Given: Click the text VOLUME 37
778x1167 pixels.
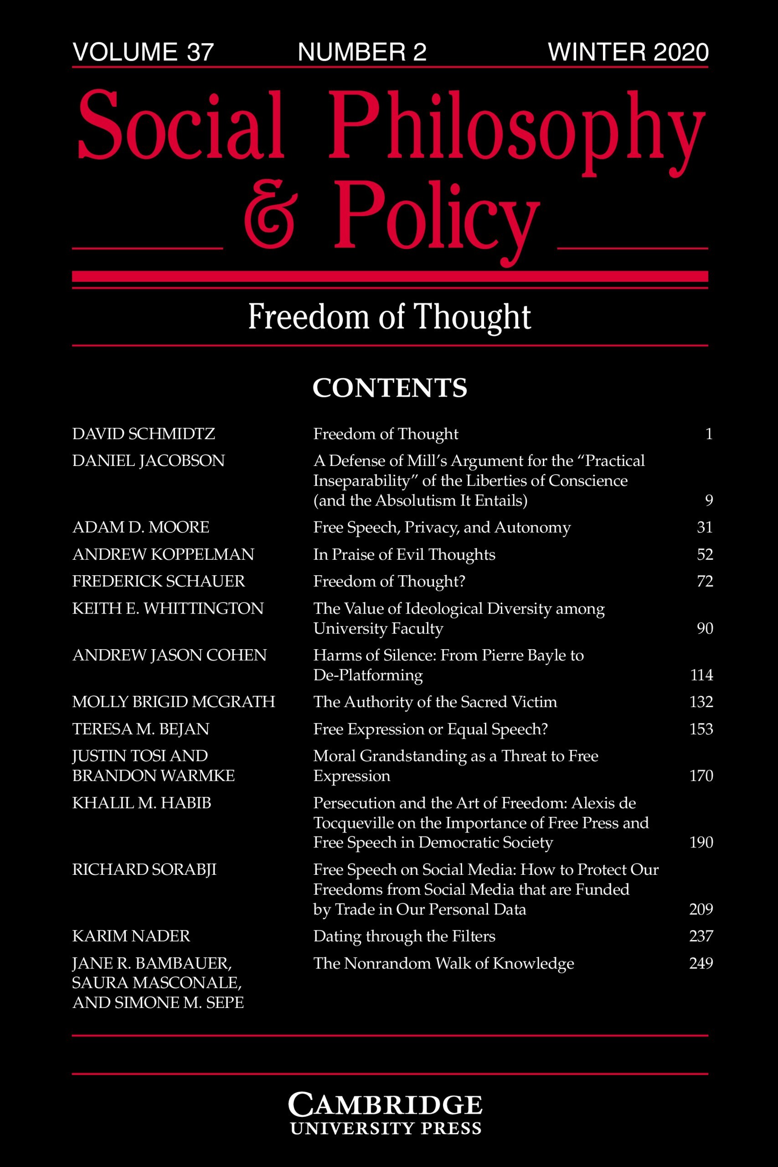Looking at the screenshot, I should (x=143, y=52).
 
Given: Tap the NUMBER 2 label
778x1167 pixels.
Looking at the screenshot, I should (x=362, y=52).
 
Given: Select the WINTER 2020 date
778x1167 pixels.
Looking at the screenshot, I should (x=628, y=52).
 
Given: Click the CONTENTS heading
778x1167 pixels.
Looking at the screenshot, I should (x=390, y=388).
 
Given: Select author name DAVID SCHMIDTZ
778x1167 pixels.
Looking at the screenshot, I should (x=144, y=434).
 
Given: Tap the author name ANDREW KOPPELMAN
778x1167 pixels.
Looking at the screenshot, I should (x=163, y=554).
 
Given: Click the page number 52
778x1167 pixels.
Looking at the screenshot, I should (x=705, y=554).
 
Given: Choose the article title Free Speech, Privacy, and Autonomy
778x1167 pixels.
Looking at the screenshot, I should (x=442, y=527).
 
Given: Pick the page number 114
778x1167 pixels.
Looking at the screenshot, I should (x=701, y=675).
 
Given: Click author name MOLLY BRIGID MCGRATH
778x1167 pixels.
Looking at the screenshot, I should (x=174, y=702).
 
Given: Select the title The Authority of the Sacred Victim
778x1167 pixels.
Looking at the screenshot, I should (x=435, y=702).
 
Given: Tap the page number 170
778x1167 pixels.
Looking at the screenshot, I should (x=701, y=775).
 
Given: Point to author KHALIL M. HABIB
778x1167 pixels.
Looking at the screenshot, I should (x=142, y=803).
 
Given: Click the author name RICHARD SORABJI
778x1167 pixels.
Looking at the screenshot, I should (x=144, y=869).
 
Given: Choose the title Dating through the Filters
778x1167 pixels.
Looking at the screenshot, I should (x=404, y=936).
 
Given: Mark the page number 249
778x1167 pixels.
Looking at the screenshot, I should (x=701, y=963).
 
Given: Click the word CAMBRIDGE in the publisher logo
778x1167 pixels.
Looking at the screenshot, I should (x=385, y=1105).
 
